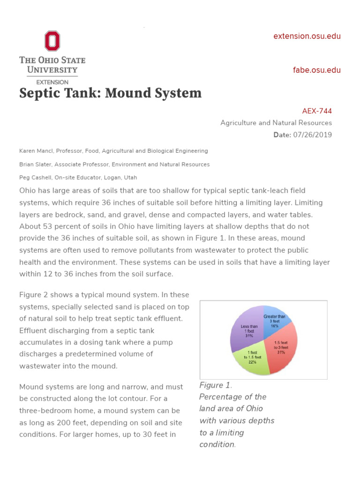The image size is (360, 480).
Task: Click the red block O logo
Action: (52, 41)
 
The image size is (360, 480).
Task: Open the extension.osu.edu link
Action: (307, 36)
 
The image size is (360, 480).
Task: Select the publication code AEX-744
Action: (317, 111)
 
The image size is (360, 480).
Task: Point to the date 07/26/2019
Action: (313, 135)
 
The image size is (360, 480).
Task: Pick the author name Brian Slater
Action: (36, 165)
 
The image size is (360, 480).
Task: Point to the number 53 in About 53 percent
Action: (45, 226)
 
